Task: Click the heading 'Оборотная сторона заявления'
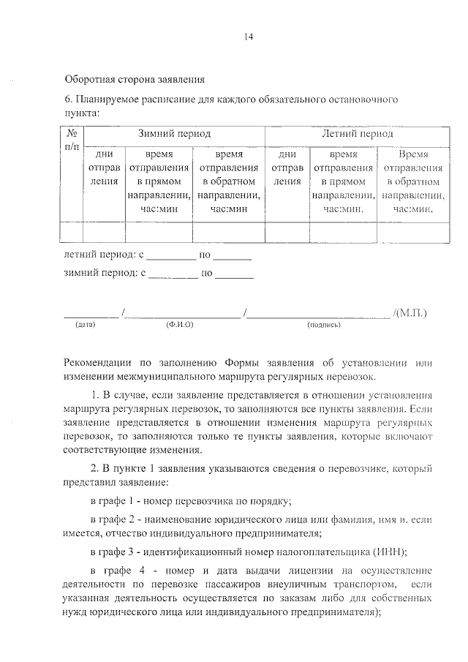point(135,78)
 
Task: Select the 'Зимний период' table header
point(174,134)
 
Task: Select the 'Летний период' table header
point(357,134)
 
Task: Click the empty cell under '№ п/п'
point(72,232)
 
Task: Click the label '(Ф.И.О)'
point(179,323)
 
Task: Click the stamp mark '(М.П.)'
point(409,312)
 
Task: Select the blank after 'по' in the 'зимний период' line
point(234,277)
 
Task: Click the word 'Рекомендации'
point(102,362)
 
